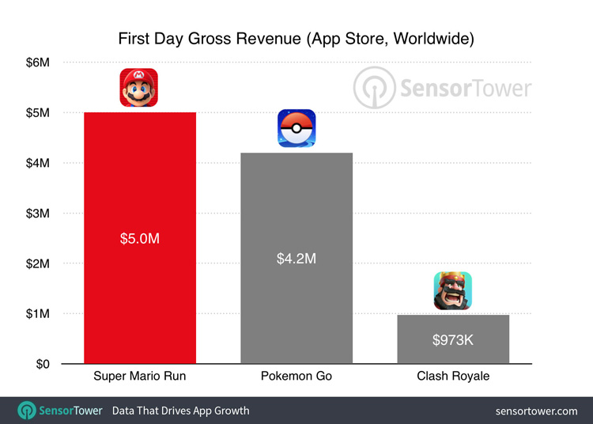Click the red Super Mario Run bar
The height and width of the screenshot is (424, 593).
click(x=139, y=301)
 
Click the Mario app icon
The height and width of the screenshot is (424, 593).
click(x=139, y=87)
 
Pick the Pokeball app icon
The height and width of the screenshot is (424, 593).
click(x=296, y=128)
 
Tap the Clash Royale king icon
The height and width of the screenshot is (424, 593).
click(x=452, y=290)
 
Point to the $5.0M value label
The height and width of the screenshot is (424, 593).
click(x=139, y=238)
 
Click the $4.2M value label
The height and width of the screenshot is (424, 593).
click(x=296, y=259)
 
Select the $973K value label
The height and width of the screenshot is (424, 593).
click(x=453, y=340)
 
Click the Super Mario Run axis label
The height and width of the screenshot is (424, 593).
click(x=139, y=377)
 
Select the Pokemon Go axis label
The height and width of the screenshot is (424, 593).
click(x=296, y=377)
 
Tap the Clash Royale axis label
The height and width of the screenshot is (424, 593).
click(x=453, y=377)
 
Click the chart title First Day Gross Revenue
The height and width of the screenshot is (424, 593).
click(x=296, y=38)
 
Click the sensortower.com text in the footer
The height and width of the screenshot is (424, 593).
click(x=536, y=411)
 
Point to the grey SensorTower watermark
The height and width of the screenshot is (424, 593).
click(x=443, y=86)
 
